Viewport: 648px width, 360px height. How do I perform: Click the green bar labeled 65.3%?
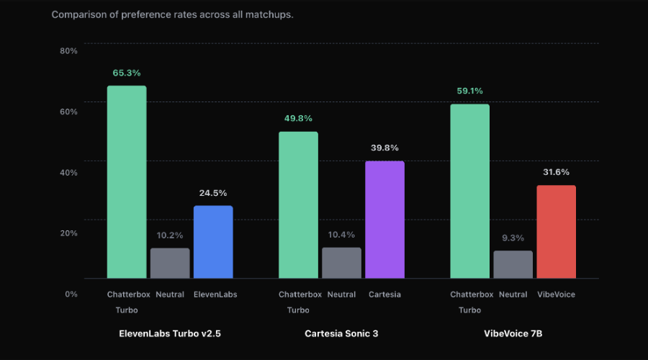coord(127,182)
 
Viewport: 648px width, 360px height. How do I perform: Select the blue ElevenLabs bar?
coord(213,242)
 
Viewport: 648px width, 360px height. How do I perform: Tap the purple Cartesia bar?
coord(384,220)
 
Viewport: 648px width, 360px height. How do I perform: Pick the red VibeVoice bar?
coord(557,231)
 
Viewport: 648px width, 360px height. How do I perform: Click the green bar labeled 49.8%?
coord(298,205)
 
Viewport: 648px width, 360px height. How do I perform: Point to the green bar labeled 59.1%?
coord(470,191)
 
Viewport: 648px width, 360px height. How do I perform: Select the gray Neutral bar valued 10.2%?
coord(170,263)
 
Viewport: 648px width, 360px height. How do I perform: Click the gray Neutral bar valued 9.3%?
coord(513,264)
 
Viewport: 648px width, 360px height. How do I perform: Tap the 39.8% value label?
coord(384,148)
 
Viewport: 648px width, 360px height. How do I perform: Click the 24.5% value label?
coord(213,193)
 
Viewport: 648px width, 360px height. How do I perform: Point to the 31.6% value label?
coord(556,172)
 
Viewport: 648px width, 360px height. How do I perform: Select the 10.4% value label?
coord(341,235)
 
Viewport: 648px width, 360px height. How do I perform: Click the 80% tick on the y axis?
coord(68,51)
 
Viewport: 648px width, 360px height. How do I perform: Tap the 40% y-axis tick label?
coord(68,172)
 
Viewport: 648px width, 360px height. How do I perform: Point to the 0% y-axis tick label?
coord(71,294)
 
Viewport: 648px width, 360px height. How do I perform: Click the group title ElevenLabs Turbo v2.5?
coord(170,333)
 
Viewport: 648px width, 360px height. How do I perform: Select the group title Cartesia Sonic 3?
coord(341,333)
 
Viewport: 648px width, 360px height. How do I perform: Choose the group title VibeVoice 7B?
coord(513,333)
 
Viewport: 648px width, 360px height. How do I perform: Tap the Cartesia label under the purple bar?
coord(384,294)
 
